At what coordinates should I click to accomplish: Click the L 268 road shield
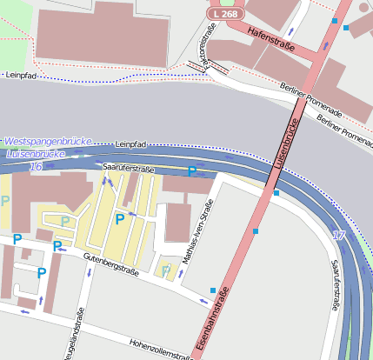point(224,15)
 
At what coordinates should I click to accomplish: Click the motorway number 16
point(35,166)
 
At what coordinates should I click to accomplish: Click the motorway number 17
point(338,236)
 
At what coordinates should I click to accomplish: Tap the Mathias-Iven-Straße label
point(196,237)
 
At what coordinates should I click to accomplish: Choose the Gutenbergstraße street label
point(110,263)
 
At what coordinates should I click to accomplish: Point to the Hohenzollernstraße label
point(159,350)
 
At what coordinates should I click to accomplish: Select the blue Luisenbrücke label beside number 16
point(35,154)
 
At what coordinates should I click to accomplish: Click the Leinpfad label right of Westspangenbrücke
point(129,143)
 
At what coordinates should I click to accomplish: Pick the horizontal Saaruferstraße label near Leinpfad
point(128,164)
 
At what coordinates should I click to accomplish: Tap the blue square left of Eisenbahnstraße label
point(213,290)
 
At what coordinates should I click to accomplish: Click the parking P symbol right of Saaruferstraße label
point(191,172)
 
